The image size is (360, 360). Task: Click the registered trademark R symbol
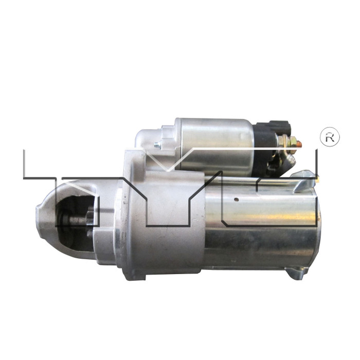point(330,137)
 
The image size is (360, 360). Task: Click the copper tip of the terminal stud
point(300,143)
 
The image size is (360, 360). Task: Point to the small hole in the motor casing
point(235,199)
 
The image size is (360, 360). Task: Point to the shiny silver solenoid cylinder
point(213,144)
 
